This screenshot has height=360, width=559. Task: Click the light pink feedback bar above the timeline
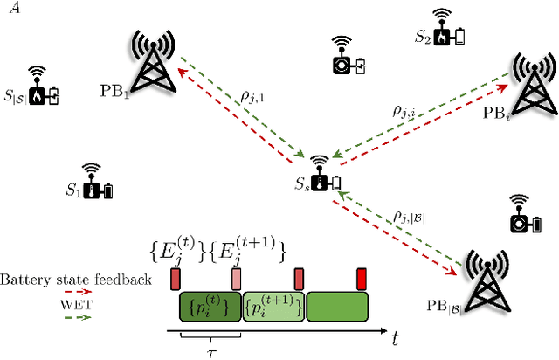[x=236, y=279]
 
